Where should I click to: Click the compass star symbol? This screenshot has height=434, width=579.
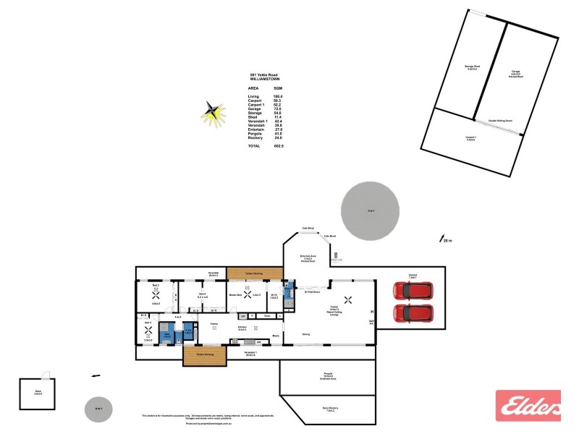coord(211,112)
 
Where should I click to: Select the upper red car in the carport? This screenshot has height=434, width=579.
coord(413,291)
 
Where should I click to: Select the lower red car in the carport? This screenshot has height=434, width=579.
coord(413,313)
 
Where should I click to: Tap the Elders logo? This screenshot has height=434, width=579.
coord(528,405)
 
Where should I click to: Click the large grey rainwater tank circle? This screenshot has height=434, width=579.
coord(371,210)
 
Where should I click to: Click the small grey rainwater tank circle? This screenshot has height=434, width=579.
coord(98,410)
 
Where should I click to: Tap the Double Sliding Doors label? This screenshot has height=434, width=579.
coord(501,121)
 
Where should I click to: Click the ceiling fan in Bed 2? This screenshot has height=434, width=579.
coord(156,294)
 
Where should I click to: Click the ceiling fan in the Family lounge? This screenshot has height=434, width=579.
coord(347,299)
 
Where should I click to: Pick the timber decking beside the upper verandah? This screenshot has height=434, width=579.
coord(253,273)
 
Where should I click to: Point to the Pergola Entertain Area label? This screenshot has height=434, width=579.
coord(329,377)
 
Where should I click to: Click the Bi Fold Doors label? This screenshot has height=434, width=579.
coord(312,292)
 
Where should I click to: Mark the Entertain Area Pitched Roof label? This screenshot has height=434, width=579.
coord(308,259)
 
